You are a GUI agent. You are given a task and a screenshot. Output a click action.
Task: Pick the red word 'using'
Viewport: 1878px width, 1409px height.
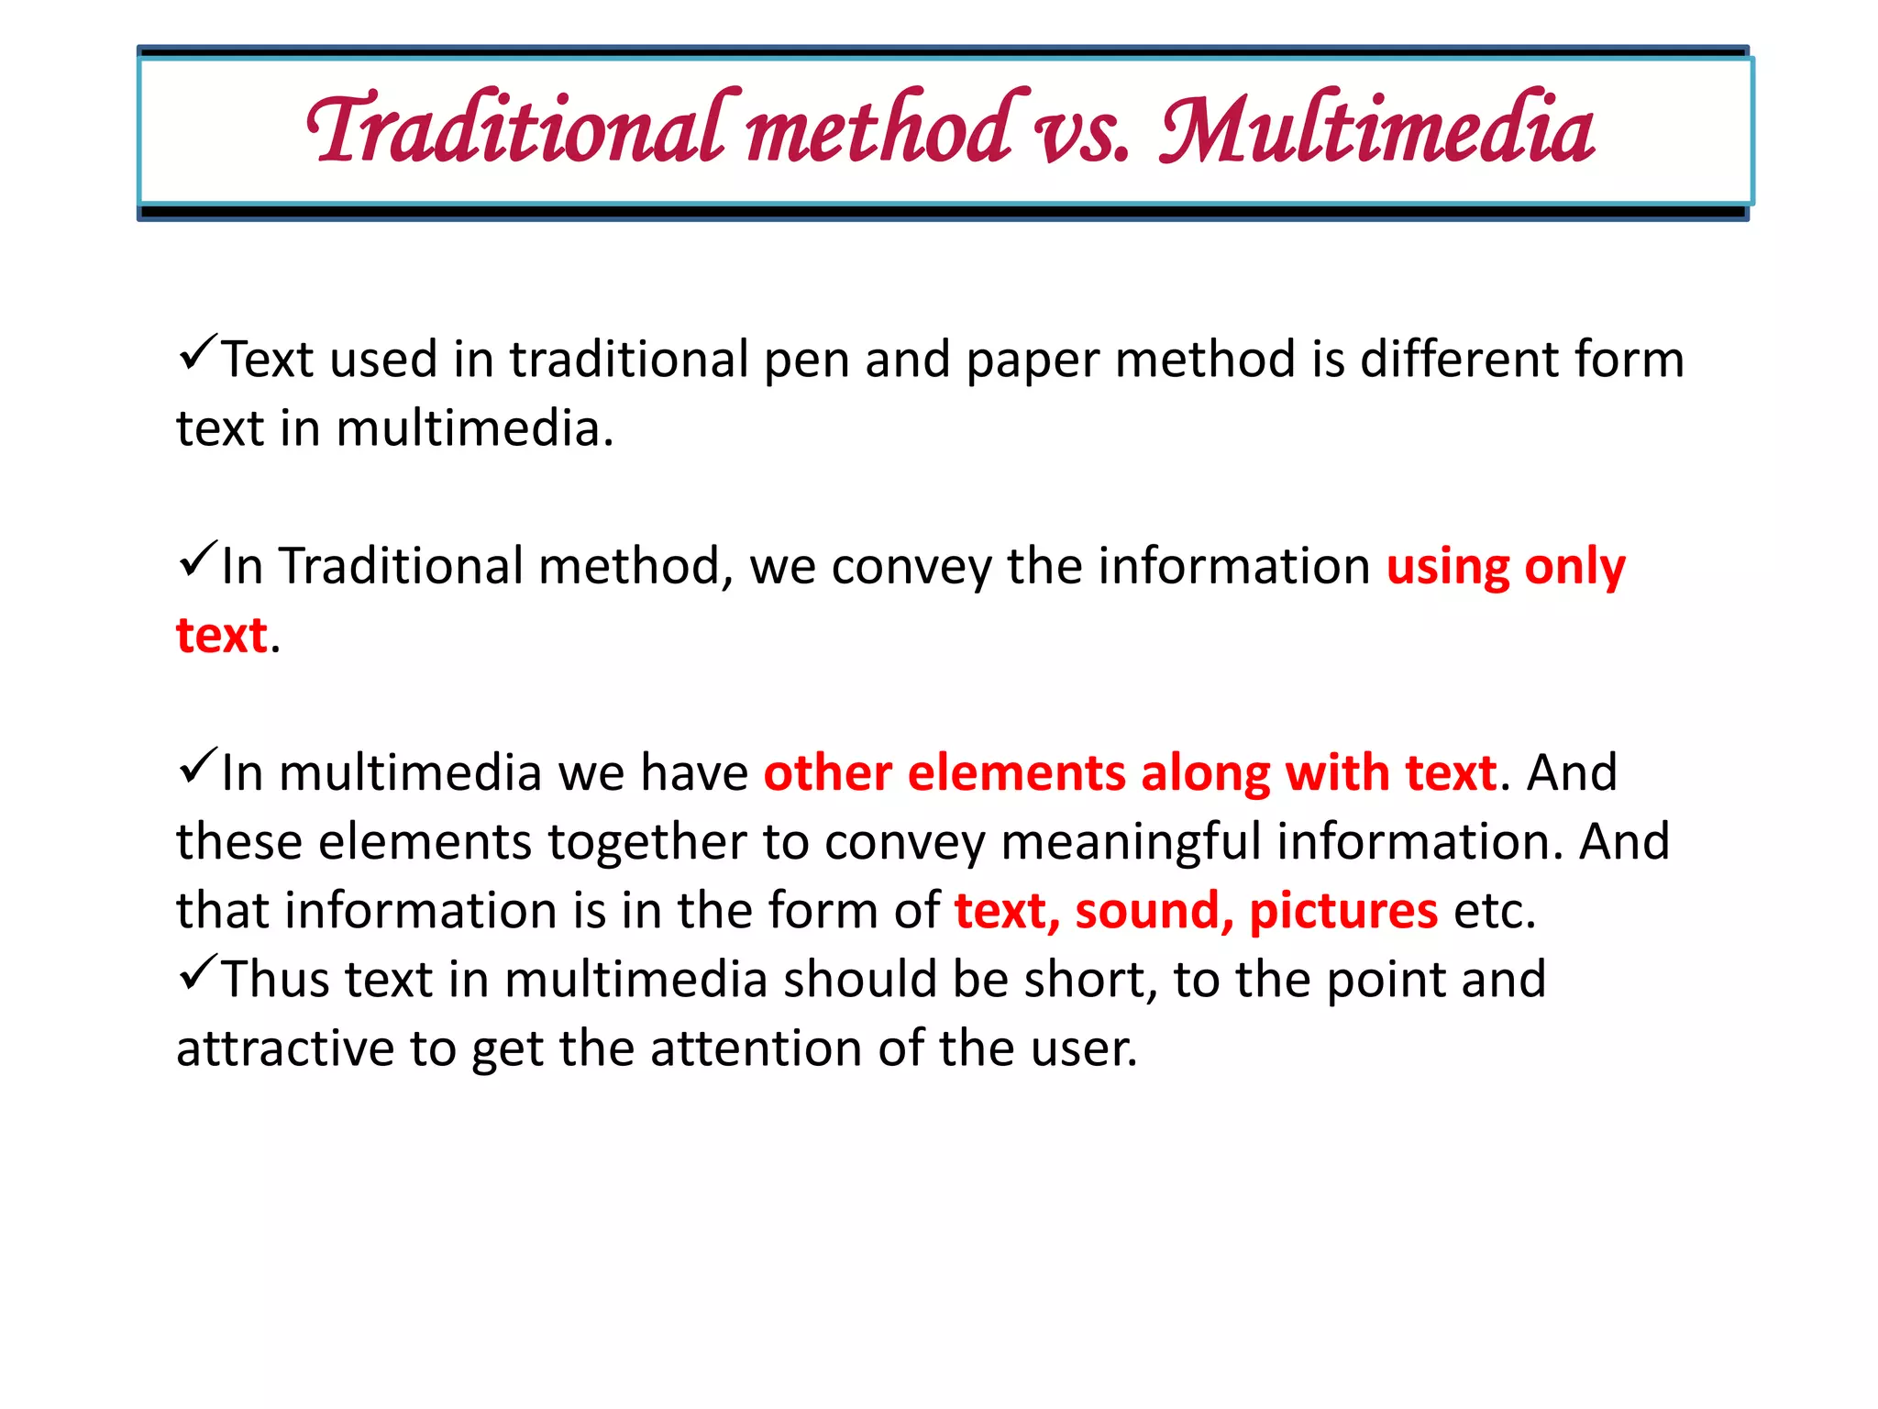click(1447, 568)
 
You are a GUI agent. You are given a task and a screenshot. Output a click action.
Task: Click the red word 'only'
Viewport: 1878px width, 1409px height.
click(1574, 568)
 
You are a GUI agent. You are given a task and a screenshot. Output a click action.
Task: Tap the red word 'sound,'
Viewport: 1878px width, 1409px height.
click(1154, 912)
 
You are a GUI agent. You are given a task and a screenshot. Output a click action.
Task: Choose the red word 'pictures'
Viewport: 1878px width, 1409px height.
click(1343, 912)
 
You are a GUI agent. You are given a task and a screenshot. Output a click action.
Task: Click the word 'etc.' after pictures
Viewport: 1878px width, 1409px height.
click(1495, 912)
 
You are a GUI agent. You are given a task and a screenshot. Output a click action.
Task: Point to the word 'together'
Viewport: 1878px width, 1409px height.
click(647, 843)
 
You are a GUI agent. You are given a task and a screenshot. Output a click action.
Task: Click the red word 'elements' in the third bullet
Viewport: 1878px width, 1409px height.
click(1016, 772)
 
